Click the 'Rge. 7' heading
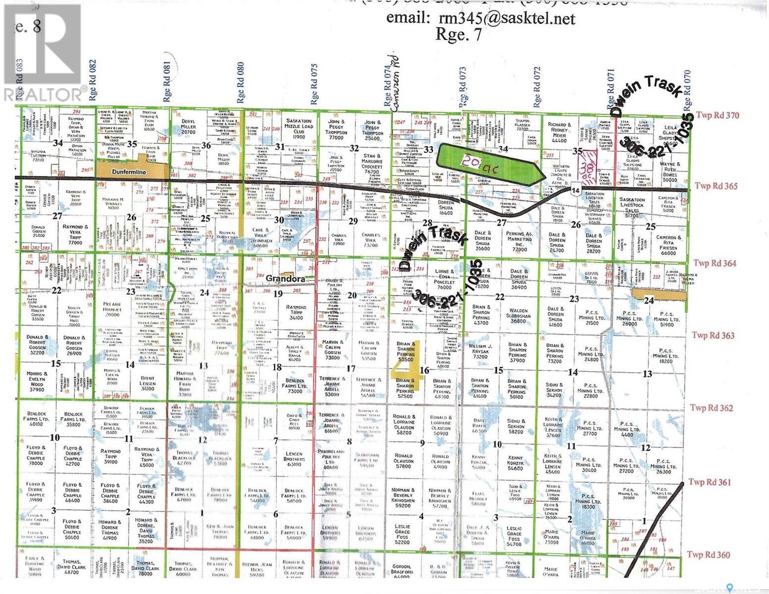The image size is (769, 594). [458, 35]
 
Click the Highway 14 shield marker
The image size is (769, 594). [575, 190]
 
